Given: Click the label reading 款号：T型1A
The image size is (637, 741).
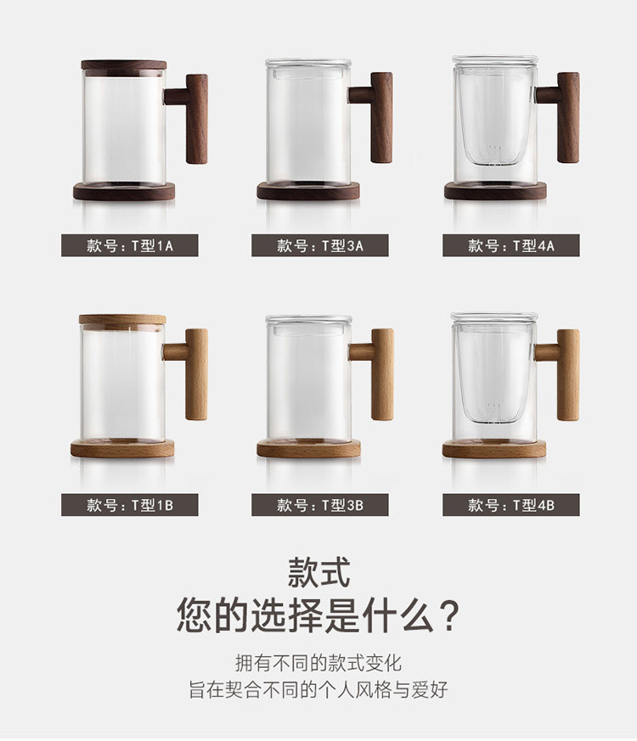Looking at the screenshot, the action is [130, 245].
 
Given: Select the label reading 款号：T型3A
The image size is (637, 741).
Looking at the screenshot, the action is [319, 245].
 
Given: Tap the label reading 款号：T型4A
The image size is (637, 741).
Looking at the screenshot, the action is [510, 245].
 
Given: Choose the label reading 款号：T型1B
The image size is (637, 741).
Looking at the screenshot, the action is [130, 505].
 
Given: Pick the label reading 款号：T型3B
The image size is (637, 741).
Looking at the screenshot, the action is [319, 505].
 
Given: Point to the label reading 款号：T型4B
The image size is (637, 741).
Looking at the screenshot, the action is [510, 505].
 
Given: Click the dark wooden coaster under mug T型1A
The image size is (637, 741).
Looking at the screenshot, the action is [124, 192].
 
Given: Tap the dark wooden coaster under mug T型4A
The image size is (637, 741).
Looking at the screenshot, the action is [495, 191].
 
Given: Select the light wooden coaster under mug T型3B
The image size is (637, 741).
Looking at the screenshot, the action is [308, 448].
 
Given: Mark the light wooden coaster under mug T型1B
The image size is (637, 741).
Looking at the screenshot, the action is [122, 448].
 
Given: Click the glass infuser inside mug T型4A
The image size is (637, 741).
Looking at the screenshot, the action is [494, 118].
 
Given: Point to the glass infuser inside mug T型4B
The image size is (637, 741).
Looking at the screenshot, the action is [493, 374].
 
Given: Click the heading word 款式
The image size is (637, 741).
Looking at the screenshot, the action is [318, 573].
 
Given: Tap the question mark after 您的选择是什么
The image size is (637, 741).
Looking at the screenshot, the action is [450, 616].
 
